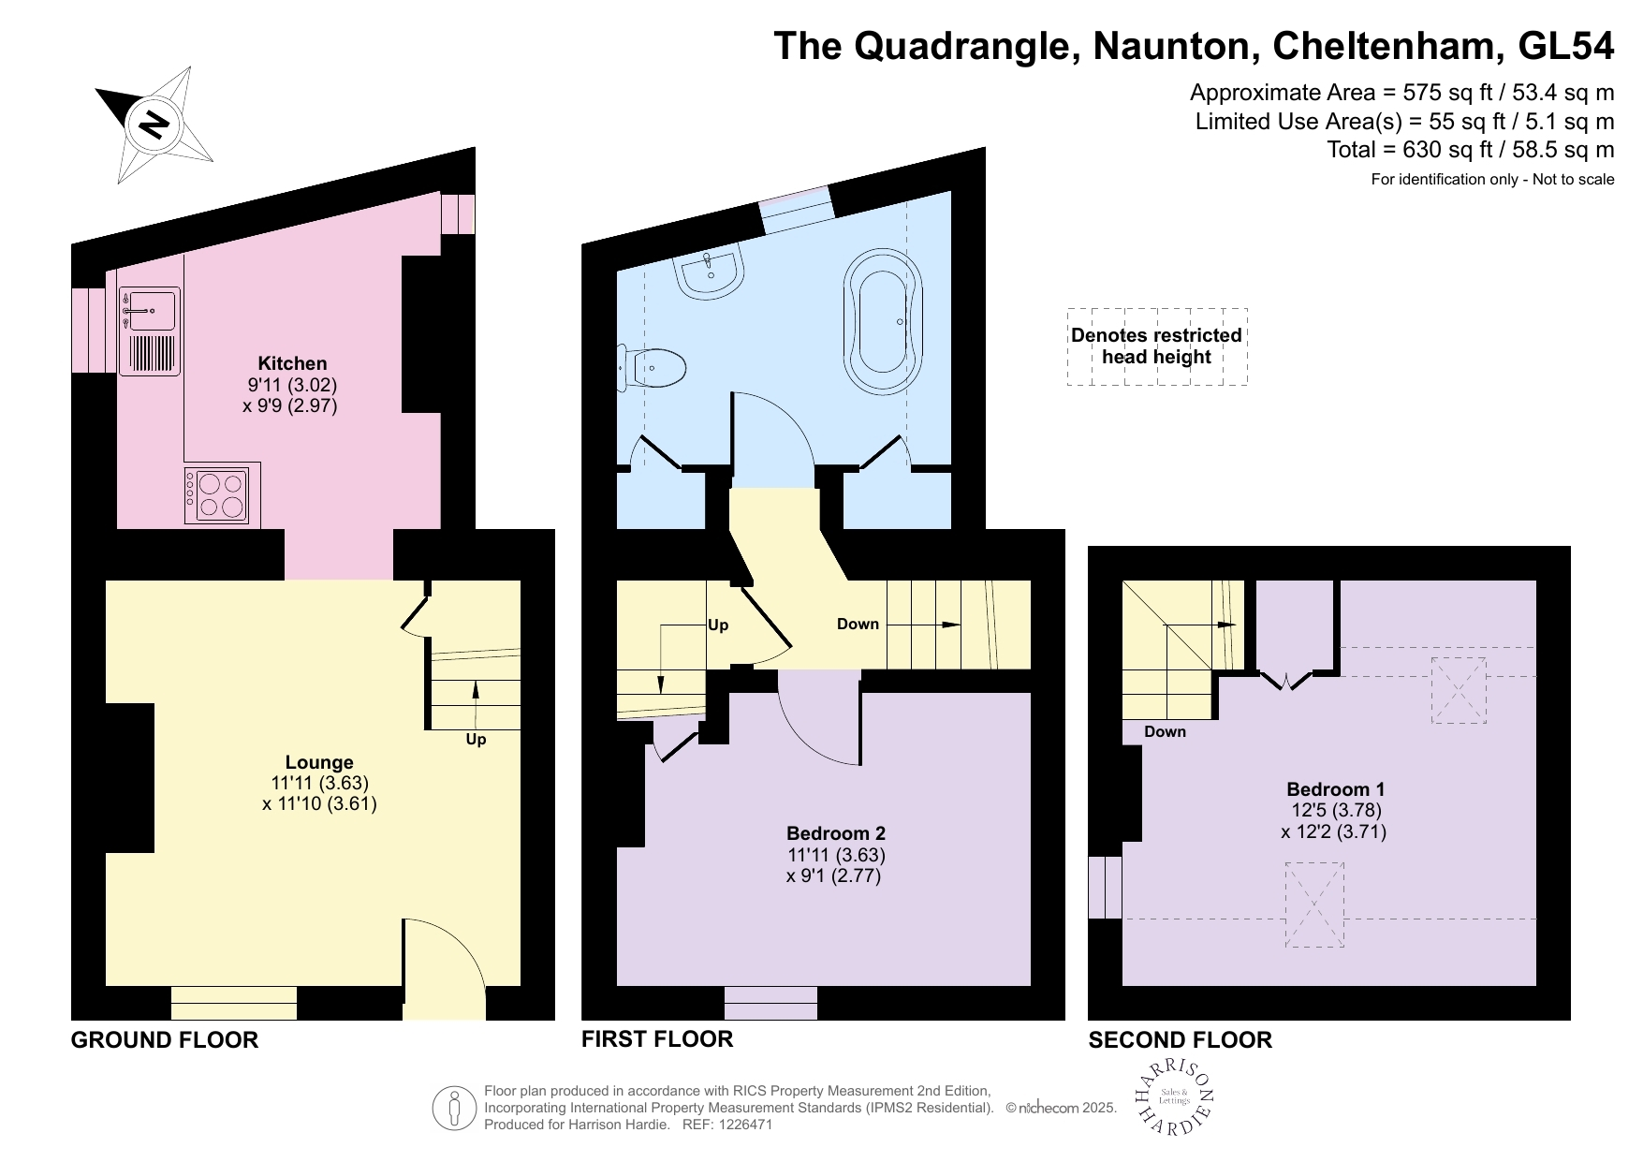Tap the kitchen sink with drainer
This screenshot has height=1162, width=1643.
pos(150,331)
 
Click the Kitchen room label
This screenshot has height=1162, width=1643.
pos(292,363)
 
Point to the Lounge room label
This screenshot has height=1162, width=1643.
pos(319,762)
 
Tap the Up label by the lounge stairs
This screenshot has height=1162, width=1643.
pos(476,740)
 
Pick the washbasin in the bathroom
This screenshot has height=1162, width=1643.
pos(711,270)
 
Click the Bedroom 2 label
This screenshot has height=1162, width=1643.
pos(835,833)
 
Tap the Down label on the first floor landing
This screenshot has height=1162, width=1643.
pos(858,625)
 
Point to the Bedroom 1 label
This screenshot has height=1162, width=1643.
pos(1335,789)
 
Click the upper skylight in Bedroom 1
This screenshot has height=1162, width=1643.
pos(1459,689)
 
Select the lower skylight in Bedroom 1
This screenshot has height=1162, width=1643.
pos(1314,905)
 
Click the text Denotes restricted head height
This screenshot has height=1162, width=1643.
pos(1156,346)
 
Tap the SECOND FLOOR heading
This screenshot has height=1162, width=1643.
pos(1180,1040)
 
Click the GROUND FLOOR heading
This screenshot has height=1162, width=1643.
pos(165,1040)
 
